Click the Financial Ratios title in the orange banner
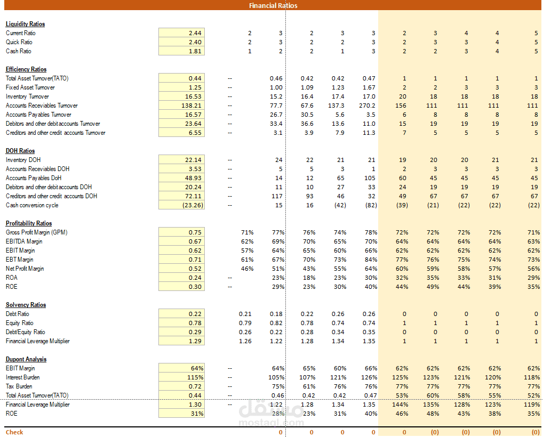coord(273,5)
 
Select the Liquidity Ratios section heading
coord(25,24)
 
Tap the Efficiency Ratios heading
coord(26,69)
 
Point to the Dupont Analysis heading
coord(26,359)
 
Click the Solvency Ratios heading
coord(26,305)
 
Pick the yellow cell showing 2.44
coord(181,33)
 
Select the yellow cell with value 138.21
coord(181,106)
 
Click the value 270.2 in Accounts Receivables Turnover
coord(367,106)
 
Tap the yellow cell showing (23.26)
coord(181,205)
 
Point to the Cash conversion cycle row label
coord(32,205)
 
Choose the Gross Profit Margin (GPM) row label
coord(36,232)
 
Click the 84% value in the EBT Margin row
coord(371,260)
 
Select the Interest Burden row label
coord(22,377)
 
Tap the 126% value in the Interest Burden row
coord(369,377)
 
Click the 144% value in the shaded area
coord(400,404)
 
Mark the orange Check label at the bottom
coord(14,432)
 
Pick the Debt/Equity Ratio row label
coord(25,332)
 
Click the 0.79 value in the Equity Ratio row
coord(245,323)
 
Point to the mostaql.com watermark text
coord(271,423)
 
